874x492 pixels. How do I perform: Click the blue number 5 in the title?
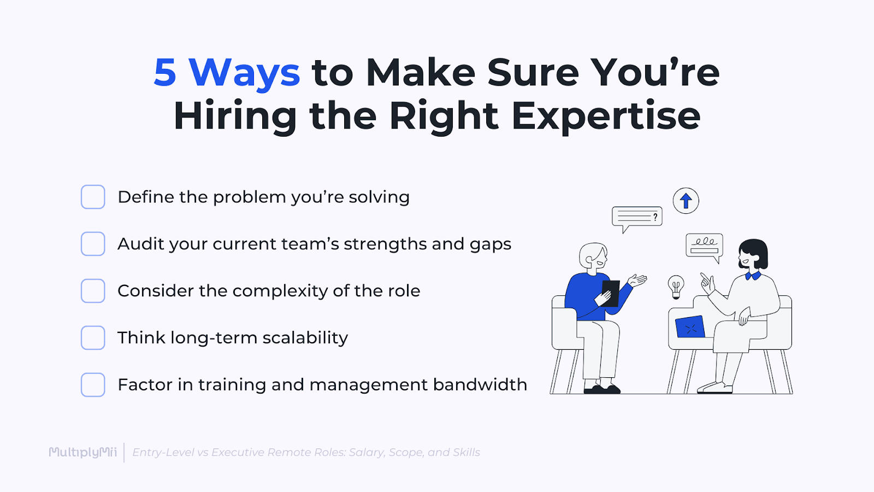pyautogui.click(x=165, y=73)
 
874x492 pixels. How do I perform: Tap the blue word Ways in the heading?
pyautogui.click(x=244, y=73)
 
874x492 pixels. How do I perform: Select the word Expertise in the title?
pyautogui.click(x=606, y=116)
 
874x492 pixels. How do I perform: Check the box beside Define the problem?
pyautogui.click(x=93, y=197)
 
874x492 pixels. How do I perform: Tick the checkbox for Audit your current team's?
pyautogui.click(x=93, y=244)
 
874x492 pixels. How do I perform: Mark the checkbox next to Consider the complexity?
pyautogui.click(x=93, y=291)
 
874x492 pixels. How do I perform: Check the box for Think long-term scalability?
pyautogui.click(x=93, y=338)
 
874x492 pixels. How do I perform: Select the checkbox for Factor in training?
pyautogui.click(x=93, y=385)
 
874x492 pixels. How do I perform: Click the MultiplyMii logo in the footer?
pyautogui.click(x=83, y=452)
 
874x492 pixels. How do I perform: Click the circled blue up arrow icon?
pyautogui.click(x=686, y=201)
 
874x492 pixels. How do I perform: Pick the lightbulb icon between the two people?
pyautogui.click(x=676, y=286)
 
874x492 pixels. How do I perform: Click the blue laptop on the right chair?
pyautogui.click(x=690, y=327)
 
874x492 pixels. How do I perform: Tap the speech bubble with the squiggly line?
pyautogui.click(x=704, y=245)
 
